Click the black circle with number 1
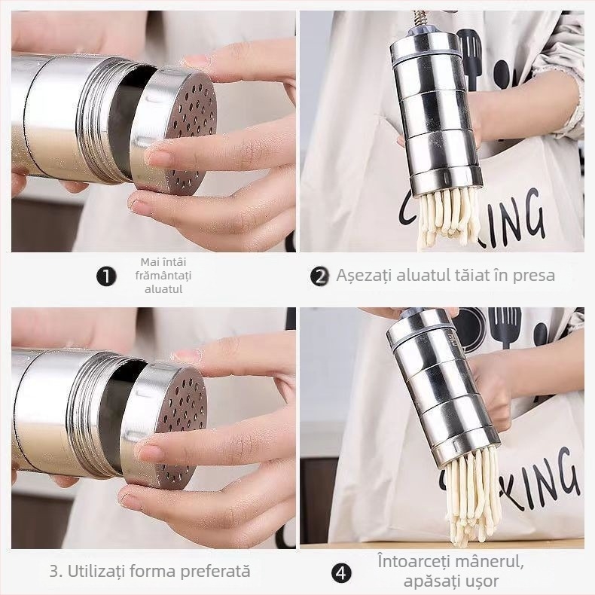tap(106, 276)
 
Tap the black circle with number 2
tap(319, 276)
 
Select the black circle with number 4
tap(341, 573)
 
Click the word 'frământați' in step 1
tap(163, 276)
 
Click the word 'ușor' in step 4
tap(481, 581)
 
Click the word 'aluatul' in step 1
tap(163, 289)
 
